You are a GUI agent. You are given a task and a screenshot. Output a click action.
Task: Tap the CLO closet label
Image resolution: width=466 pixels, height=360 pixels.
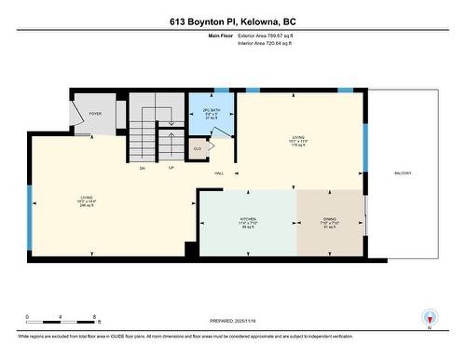click(198, 148)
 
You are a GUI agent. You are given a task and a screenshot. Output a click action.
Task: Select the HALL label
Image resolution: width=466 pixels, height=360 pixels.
click(219, 173)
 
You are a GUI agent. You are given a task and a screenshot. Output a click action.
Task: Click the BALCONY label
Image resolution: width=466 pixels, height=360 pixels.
click(403, 173)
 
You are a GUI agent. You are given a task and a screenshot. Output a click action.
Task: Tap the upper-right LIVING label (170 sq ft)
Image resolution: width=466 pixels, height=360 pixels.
click(298, 140)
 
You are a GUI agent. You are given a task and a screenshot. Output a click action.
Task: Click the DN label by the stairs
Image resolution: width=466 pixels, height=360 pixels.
click(143, 168)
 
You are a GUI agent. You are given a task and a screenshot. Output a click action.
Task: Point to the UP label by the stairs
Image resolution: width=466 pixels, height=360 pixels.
click(171, 168)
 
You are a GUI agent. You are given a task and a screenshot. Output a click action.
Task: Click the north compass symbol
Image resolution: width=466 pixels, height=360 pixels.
click(430, 317)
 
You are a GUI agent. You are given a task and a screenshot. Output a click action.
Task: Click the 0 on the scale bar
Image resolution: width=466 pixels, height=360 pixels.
click(27, 317)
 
